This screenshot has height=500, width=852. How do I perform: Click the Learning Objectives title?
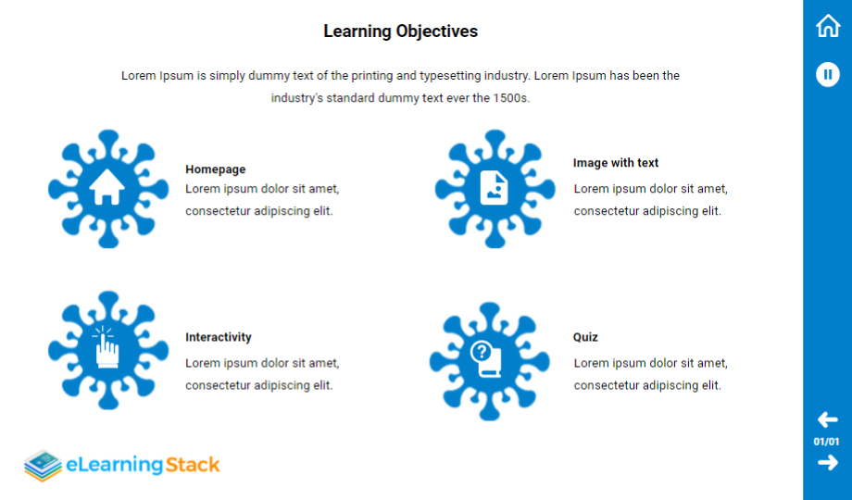(400, 31)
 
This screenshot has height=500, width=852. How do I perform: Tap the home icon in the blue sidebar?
(828, 26)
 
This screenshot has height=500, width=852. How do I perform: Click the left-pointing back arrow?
(828, 419)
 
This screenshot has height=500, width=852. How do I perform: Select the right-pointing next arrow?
(828, 463)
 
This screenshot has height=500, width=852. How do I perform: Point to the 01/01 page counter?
(826, 442)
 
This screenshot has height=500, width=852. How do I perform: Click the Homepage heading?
(215, 169)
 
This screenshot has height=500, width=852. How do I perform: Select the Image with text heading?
(616, 163)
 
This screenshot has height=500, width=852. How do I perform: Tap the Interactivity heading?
(219, 337)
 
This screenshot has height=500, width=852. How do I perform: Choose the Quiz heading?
(585, 337)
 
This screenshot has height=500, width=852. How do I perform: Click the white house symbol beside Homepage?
(107, 187)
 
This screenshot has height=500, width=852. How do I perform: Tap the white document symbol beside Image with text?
(494, 188)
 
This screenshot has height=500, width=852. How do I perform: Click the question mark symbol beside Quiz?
(482, 352)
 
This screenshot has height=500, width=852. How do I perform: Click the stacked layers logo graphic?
(44, 465)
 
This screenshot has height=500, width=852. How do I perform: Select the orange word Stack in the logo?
(193, 465)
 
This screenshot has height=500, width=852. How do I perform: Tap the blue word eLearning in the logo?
(115, 465)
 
